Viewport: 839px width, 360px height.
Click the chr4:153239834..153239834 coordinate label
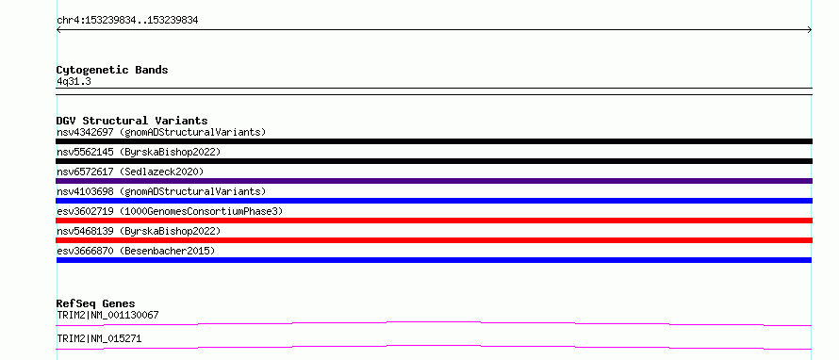(127, 21)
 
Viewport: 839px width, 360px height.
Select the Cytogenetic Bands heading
(112, 70)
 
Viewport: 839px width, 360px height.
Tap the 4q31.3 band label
(70, 81)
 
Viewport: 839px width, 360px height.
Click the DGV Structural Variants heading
(132, 121)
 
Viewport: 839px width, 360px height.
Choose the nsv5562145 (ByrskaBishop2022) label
(139, 152)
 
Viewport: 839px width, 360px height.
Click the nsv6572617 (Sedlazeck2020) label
(130, 172)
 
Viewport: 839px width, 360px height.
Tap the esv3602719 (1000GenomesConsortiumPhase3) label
(170, 211)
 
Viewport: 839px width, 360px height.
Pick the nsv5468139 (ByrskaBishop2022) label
(139, 231)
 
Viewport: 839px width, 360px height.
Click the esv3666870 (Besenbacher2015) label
(136, 251)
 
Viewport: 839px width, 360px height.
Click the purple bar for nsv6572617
(434, 181)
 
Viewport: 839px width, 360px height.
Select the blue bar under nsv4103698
(434, 201)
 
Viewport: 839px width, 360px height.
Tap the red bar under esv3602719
(434, 221)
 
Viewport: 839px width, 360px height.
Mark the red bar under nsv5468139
(434, 240)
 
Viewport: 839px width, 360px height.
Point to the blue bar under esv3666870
(434, 260)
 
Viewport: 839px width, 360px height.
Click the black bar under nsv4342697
(434, 141)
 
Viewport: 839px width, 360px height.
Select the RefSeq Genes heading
(96, 303)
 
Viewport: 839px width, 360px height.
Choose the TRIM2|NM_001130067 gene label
(107, 315)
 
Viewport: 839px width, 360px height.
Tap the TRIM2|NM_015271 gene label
(99, 338)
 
